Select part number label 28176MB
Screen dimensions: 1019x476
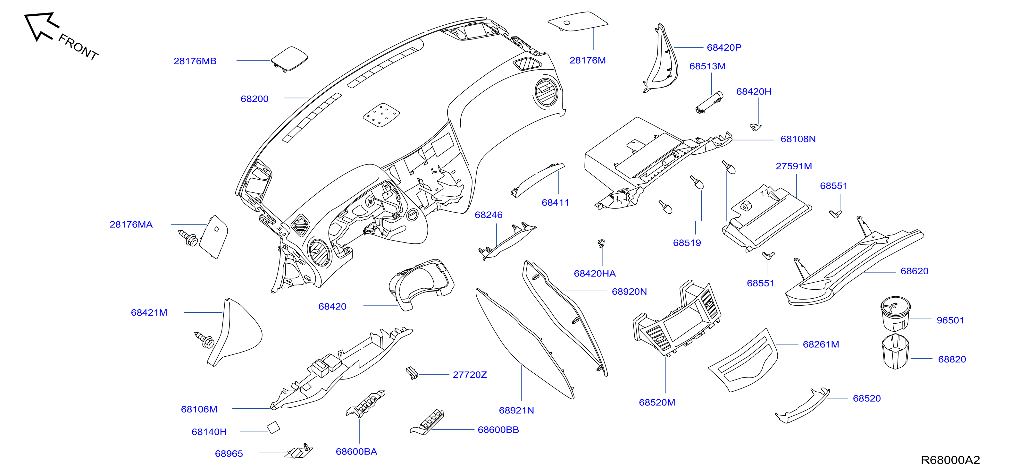195,61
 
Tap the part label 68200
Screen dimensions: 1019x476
255,99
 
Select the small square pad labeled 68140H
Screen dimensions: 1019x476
273,427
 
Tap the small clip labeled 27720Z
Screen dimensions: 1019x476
412,373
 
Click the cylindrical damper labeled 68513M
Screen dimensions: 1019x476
709,102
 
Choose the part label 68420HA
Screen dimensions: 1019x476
595,273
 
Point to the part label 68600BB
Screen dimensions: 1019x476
498,430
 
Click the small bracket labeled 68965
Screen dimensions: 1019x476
299,451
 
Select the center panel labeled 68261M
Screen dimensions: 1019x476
743,361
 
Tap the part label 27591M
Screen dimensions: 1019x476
794,166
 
